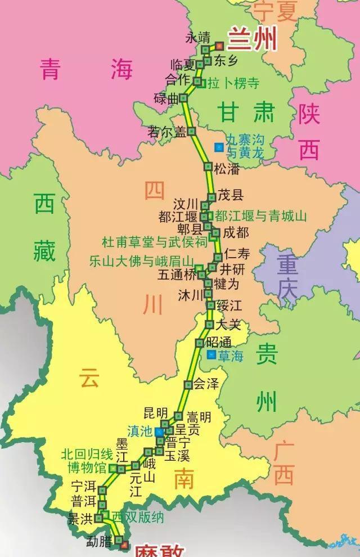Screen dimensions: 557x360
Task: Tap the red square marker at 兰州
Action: point(220,47)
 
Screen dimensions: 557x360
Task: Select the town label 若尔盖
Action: point(166,132)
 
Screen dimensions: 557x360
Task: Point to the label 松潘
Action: point(227,167)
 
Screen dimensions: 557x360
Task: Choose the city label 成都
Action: point(235,232)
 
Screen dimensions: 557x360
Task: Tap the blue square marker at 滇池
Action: point(160,432)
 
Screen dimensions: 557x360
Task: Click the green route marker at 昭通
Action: point(199,343)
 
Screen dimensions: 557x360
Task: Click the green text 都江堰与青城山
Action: point(260,216)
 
